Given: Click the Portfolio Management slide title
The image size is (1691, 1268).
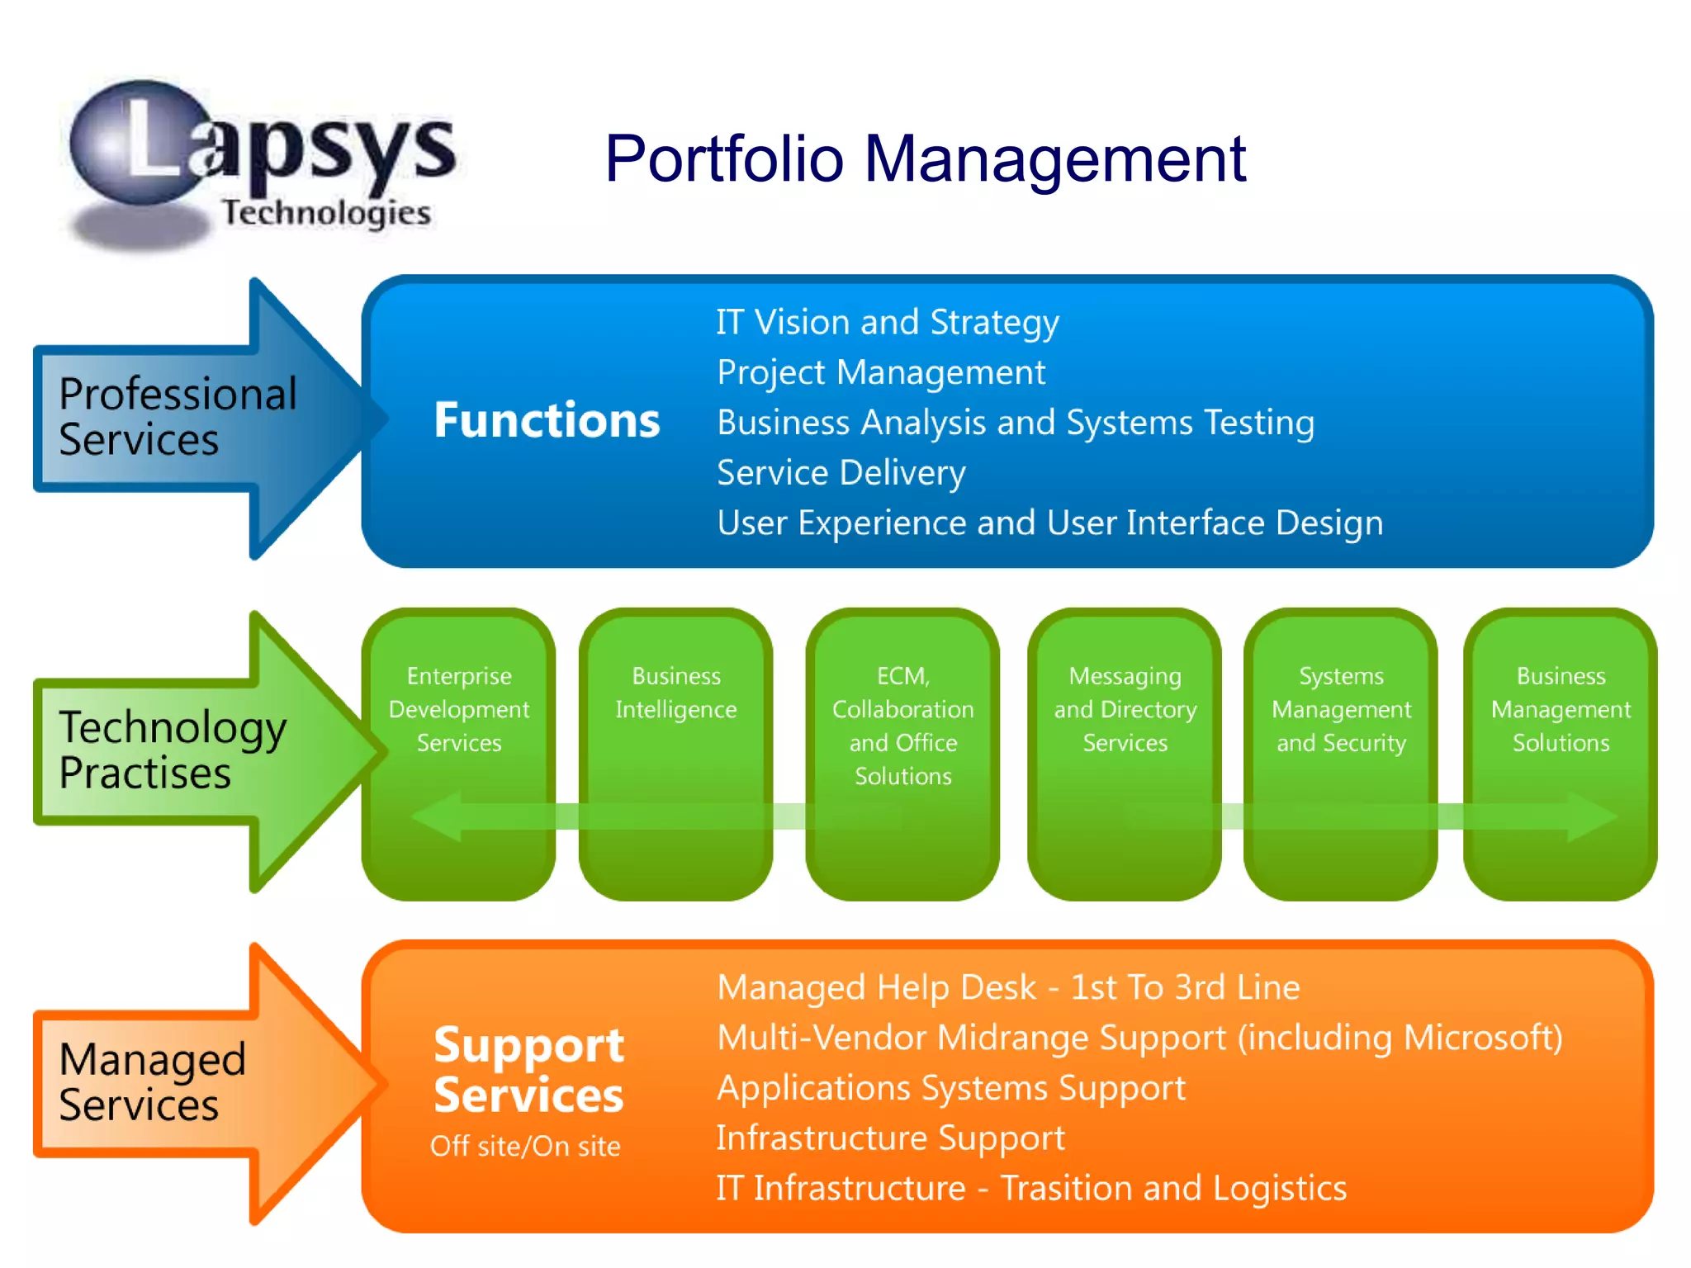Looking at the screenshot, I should [x=925, y=158].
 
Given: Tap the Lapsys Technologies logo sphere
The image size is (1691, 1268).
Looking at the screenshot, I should [x=140, y=144].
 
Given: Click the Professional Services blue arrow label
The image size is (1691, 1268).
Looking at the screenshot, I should [x=178, y=417].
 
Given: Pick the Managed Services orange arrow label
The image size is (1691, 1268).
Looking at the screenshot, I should [x=152, y=1081].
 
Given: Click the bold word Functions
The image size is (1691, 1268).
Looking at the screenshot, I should [x=547, y=420].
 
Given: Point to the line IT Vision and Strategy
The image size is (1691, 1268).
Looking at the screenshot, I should [x=887, y=322].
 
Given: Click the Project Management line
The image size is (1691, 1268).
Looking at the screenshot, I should [x=880, y=372].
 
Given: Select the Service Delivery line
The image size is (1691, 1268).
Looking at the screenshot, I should [x=841, y=473].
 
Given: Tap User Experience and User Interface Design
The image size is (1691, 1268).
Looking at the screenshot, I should [x=1049, y=523].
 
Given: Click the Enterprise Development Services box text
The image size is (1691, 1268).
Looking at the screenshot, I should [x=459, y=709].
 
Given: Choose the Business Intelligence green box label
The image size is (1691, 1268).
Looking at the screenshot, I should [x=675, y=693].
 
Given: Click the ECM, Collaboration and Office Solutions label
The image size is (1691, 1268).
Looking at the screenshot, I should [x=902, y=726].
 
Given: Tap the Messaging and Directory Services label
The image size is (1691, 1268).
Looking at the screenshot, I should [x=1125, y=709].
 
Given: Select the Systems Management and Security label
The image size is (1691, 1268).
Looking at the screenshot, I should [x=1341, y=709].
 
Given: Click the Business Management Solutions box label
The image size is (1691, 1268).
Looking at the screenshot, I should [x=1561, y=709].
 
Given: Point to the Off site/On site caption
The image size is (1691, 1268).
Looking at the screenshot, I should [x=525, y=1146].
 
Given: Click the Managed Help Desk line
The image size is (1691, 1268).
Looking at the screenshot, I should [x=1007, y=987].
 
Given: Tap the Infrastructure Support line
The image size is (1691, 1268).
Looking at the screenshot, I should [x=890, y=1138].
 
